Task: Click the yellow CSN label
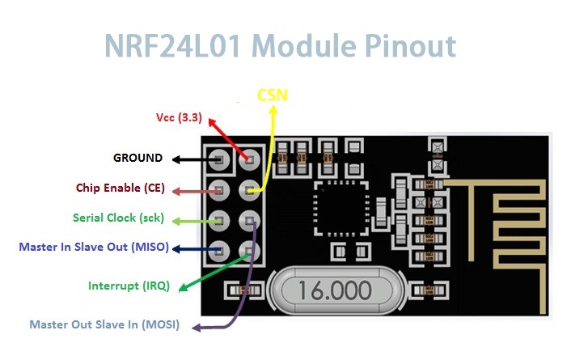[273, 95]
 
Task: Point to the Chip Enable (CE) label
[121, 188]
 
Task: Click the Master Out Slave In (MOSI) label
[104, 324]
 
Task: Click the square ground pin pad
[218, 159]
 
